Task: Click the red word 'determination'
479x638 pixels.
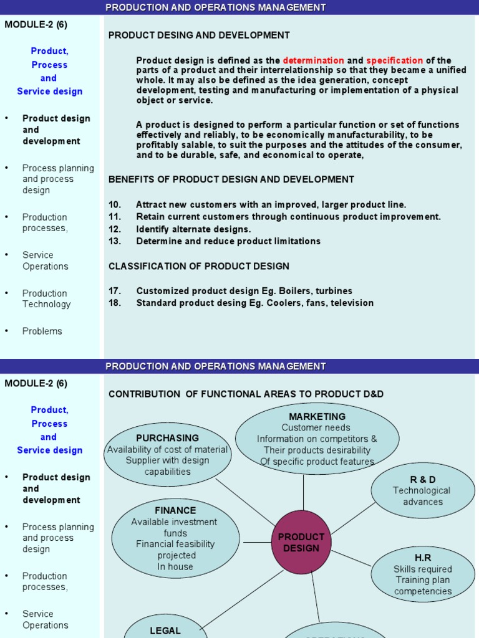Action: click(x=313, y=60)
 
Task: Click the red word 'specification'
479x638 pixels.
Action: click(x=394, y=60)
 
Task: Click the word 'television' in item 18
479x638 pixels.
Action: click(x=351, y=303)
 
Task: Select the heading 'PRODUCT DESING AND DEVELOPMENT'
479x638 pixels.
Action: click(x=199, y=36)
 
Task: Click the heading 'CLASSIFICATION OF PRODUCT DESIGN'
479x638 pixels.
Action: click(x=199, y=266)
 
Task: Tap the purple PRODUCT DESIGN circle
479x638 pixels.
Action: click(x=301, y=542)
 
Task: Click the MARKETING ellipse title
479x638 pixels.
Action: click(x=317, y=416)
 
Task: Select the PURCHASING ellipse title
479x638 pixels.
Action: click(x=167, y=438)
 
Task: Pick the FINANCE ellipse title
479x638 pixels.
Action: click(x=175, y=510)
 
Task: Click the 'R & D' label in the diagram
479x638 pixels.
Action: click(x=423, y=479)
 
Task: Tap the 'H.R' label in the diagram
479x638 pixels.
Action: click(x=423, y=558)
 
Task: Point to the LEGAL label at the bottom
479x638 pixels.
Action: click(x=165, y=631)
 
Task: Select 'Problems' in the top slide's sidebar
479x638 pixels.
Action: click(x=42, y=331)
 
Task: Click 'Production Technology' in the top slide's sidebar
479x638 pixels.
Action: click(x=46, y=299)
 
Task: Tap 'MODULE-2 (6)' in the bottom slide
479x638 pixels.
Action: click(x=36, y=384)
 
